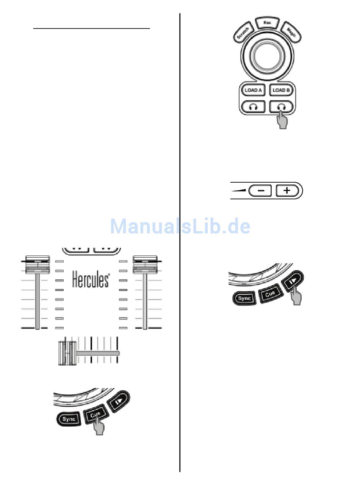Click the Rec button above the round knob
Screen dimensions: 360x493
[267, 23]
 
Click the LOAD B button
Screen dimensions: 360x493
[281, 90]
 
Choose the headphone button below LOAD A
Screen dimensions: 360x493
[253, 106]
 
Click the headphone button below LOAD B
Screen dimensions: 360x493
[281, 106]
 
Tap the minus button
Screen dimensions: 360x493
[260, 191]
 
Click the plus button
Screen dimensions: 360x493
[287, 191]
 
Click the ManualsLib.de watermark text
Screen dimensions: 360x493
[180, 227]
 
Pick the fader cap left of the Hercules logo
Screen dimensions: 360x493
[38, 265]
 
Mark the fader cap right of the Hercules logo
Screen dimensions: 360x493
[145, 265]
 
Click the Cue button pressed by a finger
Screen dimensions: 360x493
[95, 415]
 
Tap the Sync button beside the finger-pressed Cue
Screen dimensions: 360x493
[69, 419]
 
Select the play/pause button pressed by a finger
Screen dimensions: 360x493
[292, 281]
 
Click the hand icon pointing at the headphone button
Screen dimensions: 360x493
[282, 121]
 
